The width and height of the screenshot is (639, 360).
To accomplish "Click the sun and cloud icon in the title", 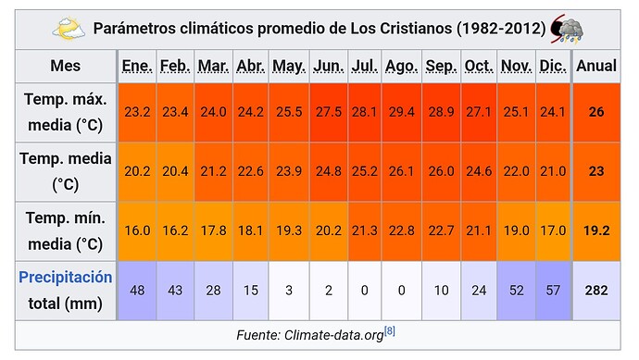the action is [69, 29].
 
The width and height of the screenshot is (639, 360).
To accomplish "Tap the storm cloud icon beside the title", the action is [567, 29].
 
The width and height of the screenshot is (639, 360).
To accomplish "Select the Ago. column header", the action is [401, 66].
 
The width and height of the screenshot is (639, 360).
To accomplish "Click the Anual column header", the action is [596, 66].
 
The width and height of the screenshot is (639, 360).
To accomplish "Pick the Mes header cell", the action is [66, 66].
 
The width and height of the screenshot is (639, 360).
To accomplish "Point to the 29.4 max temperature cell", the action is [401, 112].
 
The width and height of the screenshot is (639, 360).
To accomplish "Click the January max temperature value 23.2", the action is [137, 112].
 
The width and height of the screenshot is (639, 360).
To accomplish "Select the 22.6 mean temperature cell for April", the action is [251, 171].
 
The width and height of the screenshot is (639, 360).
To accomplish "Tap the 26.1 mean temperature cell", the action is [401, 171].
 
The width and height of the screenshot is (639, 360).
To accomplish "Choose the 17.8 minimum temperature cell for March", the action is [213, 231].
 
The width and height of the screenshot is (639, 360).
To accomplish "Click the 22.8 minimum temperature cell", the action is [401, 231].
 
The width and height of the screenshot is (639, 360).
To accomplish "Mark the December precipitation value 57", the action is [553, 291].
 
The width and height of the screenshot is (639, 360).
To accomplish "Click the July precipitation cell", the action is [364, 291].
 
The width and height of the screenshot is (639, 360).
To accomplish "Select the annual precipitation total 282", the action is [596, 291].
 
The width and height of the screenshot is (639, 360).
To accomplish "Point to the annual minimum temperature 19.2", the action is [596, 231].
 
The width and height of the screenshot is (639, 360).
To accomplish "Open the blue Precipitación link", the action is [66, 278].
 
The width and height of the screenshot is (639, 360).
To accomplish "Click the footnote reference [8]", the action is [390, 331].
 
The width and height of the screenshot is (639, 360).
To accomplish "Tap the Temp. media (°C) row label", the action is [66, 171].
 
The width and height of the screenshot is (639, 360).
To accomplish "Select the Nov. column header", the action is [516, 66].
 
